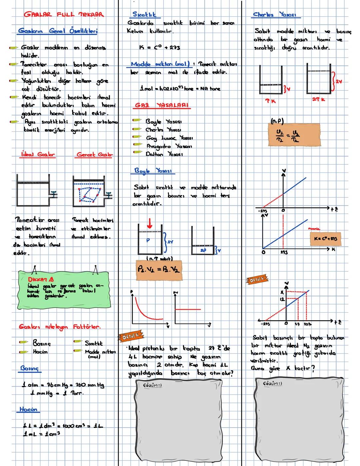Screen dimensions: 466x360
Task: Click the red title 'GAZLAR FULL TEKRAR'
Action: point(64,14)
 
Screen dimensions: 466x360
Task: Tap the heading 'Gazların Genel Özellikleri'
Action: point(58,31)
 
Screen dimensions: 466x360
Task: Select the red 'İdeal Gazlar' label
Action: point(37,154)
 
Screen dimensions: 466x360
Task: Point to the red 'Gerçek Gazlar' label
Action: point(95,154)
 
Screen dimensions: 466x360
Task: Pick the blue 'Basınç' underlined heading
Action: point(29,368)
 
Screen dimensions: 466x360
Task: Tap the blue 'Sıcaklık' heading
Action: point(144,14)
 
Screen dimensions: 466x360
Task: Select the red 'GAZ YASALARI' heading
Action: point(162,105)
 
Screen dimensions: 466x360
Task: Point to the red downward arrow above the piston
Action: point(150,223)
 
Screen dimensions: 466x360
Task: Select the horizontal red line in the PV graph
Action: point(188,309)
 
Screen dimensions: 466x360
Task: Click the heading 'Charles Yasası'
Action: point(276,15)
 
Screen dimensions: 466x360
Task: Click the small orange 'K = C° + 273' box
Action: point(325,239)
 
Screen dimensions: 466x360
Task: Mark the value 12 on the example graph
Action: point(282,300)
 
